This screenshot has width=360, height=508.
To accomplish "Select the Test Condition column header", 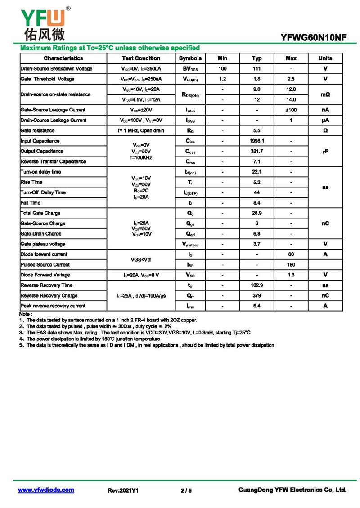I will (141, 58).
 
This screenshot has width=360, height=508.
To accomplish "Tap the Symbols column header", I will (190, 58).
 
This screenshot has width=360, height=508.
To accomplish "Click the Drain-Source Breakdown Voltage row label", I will (56, 69).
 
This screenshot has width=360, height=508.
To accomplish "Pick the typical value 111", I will (256, 69).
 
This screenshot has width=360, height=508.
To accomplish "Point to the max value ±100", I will (291, 110).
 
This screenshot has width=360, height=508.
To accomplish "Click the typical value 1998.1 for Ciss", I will (256, 141).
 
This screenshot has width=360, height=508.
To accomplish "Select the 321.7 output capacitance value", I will (256, 152).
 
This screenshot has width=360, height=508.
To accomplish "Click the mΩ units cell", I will (325, 94).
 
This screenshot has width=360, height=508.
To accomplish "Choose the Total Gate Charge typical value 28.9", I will (256, 213).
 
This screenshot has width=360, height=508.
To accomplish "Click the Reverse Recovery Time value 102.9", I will (256, 285).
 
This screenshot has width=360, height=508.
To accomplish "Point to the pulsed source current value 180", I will (291, 265).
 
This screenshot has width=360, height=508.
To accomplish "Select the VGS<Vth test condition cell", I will (141, 260).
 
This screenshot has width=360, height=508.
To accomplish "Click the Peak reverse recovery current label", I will (53, 306).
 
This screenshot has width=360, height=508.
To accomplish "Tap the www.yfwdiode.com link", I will (46, 490).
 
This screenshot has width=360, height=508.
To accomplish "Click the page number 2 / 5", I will (186, 490).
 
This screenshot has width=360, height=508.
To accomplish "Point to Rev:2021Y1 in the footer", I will (123, 490).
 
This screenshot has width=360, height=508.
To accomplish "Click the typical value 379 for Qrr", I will (256, 296).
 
